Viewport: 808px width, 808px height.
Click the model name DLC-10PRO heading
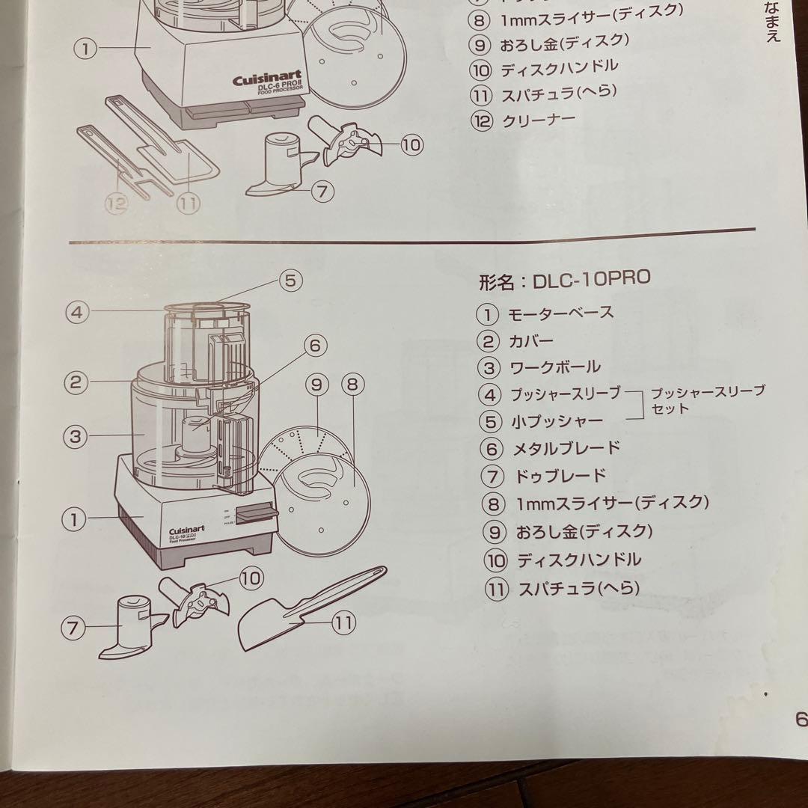tap(565, 280)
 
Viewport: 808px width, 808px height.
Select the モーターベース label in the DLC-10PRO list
tap(561, 313)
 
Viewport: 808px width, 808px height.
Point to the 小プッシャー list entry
tap(557, 421)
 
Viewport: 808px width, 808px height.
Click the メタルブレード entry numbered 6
tap(566, 448)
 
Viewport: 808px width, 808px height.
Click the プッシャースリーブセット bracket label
tap(707, 400)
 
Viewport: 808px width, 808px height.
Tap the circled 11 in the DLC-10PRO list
tap(496, 588)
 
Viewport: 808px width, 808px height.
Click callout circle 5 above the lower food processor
tap(290, 280)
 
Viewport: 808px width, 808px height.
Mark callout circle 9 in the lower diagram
tap(316, 385)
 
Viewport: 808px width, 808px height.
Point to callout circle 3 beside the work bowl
tap(74, 436)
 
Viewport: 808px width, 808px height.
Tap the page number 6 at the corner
tap(800, 720)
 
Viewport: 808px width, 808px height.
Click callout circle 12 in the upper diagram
tap(117, 203)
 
